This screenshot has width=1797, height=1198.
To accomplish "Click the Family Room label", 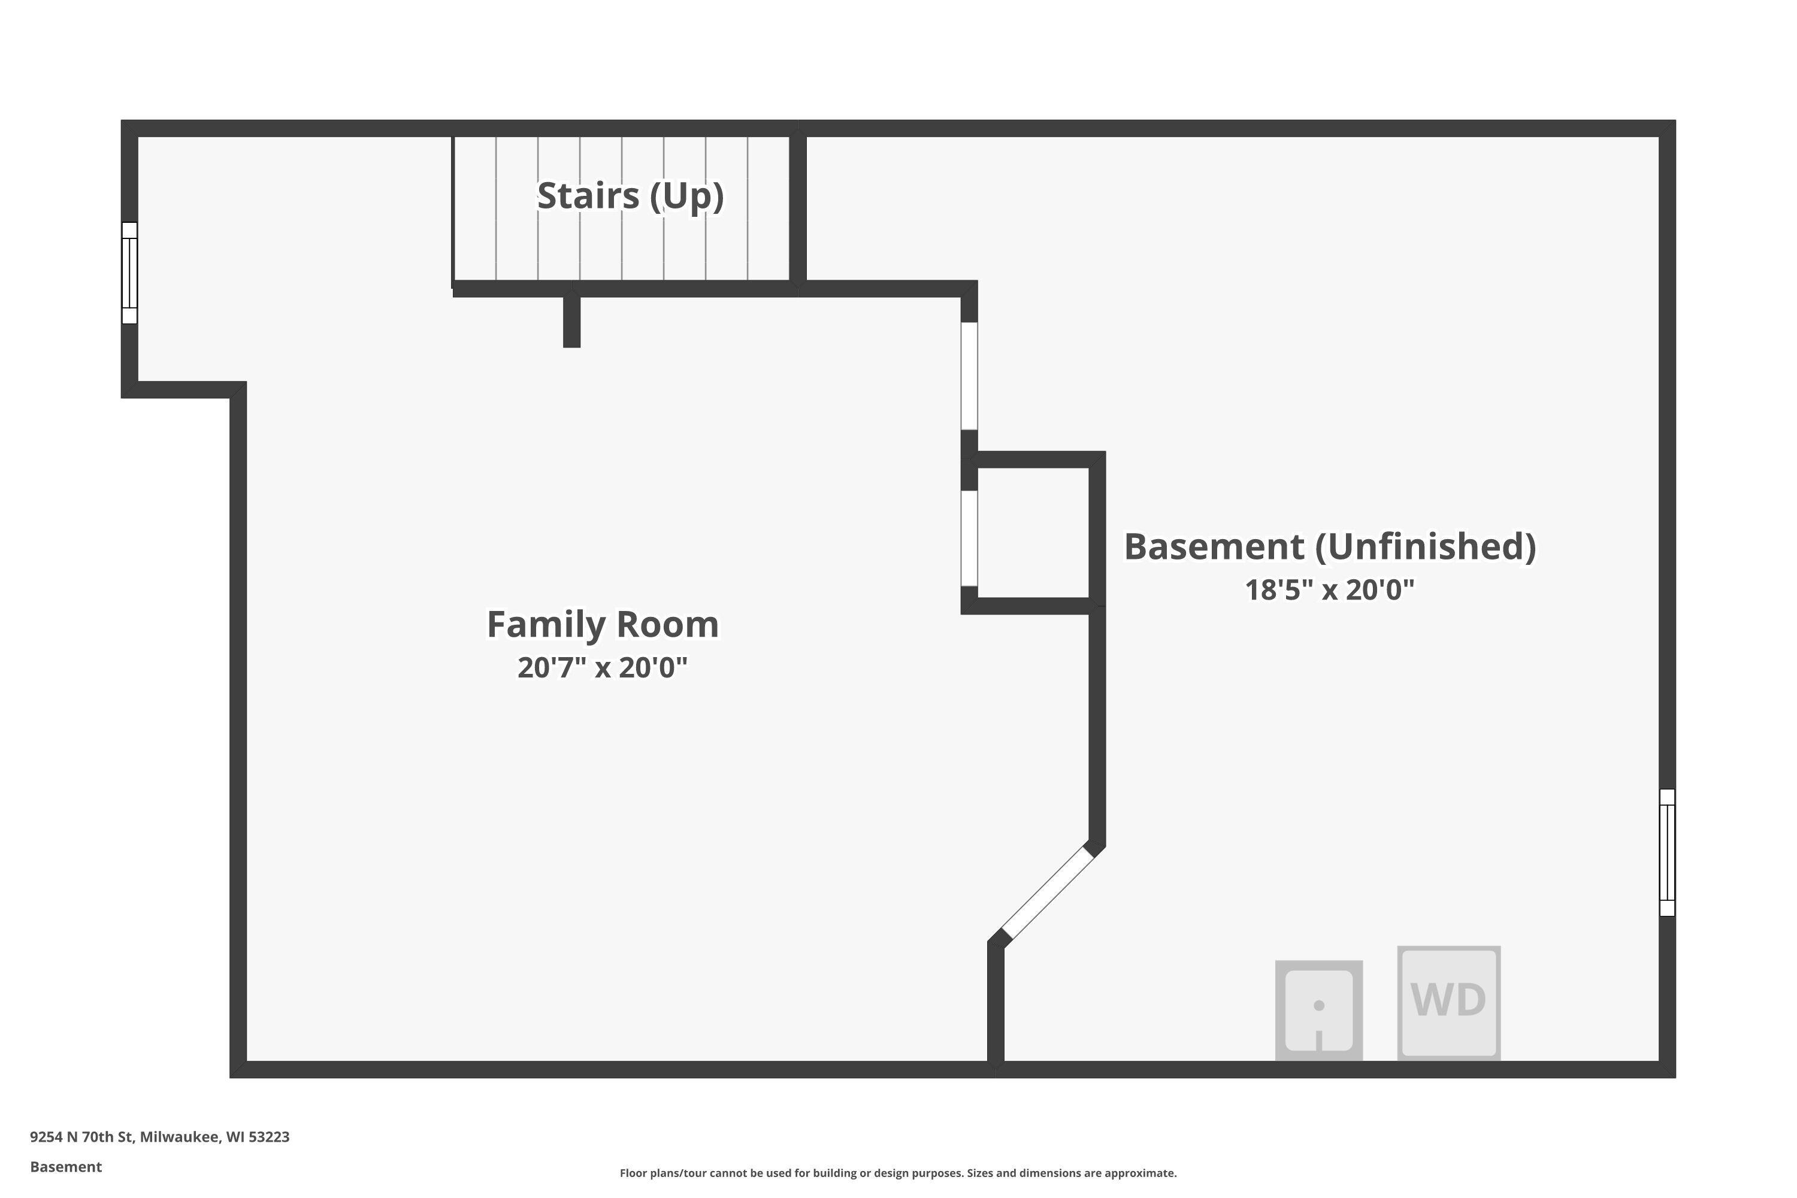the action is click(603, 624).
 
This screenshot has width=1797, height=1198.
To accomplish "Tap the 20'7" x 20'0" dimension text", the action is click(603, 668).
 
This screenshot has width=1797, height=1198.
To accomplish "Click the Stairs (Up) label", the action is click(630, 196).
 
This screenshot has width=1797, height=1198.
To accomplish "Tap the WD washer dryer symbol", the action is click(1448, 1003).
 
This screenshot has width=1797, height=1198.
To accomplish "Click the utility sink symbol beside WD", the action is click(1319, 1010).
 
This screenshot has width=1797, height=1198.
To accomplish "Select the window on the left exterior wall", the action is click(130, 273).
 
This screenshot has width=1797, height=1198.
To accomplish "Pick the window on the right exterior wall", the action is click(1667, 852).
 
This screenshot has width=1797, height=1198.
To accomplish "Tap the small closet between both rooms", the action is click(1033, 533).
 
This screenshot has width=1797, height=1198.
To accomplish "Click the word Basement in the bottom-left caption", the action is click(66, 1167).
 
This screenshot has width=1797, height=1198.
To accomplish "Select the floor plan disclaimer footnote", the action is click(898, 1173).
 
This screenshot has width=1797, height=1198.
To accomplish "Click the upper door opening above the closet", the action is click(969, 376).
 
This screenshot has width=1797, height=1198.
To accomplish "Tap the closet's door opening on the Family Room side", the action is click(969, 538).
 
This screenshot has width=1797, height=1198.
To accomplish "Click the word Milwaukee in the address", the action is click(180, 1137).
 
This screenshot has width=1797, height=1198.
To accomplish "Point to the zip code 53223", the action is click(269, 1137).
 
